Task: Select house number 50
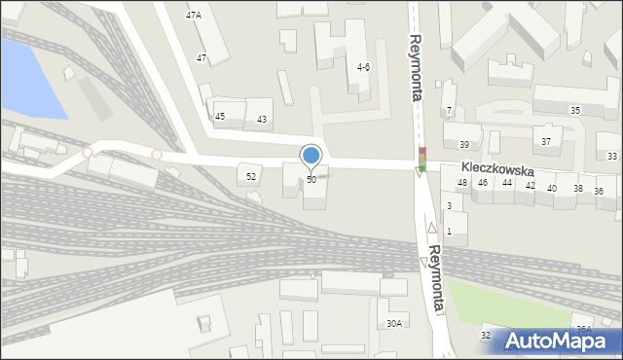(x=311, y=180)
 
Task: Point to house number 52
(x=251, y=176)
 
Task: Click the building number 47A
(x=194, y=15)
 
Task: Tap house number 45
(x=220, y=117)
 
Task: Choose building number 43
(x=262, y=119)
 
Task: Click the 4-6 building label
(x=363, y=67)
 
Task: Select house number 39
(x=464, y=144)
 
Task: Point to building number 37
(x=546, y=141)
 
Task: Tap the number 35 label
(x=575, y=110)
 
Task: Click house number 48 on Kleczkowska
(x=462, y=183)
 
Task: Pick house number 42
(x=531, y=185)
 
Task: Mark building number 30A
(x=394, y=323)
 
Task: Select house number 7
(x=449, y=110)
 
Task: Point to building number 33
(x=612, y=156)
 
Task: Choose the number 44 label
(x=507, y=183)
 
